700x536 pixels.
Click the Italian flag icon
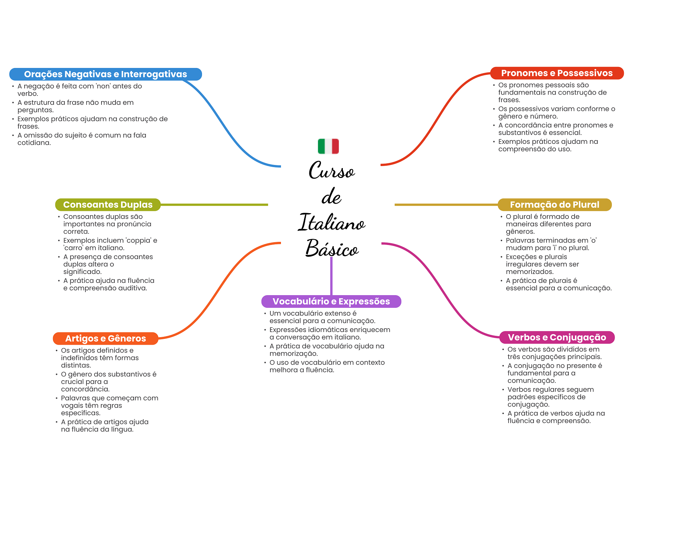pos(328,146)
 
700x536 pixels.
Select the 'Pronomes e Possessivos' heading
pos(557,73)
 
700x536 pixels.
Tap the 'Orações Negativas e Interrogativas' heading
pos(105,74)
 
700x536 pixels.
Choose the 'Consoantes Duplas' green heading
pos(108,205)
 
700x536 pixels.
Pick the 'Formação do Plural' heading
pos(554,205)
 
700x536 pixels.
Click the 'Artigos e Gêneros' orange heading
pos(105,338)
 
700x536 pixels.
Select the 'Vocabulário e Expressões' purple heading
pos(331,301)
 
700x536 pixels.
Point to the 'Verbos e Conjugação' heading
pos(557,337)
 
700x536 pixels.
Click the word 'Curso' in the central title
pos(332,170)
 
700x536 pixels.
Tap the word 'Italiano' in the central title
pos(332,222)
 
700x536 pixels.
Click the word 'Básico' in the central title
pos(332,248)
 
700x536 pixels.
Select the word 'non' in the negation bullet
pos(103,86)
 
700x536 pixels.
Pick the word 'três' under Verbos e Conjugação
pos(514,357)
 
